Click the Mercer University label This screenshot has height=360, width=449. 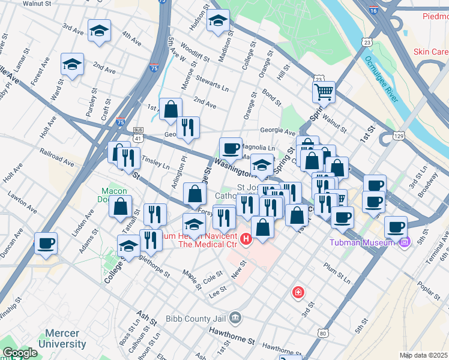click(x=62, y=339)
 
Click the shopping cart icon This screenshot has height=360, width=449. click(x=323, y=92)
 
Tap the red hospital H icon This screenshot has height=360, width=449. click(x=246, y=241)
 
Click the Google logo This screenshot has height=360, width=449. click(x=20, y=353)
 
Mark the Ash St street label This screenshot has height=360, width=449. click(x=146, y=317)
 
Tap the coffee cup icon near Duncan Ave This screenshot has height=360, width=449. click(x=46, y=244)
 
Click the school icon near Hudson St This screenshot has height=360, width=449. click(x=218, y=20)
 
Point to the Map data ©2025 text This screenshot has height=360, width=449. click(x=423, y=355)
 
